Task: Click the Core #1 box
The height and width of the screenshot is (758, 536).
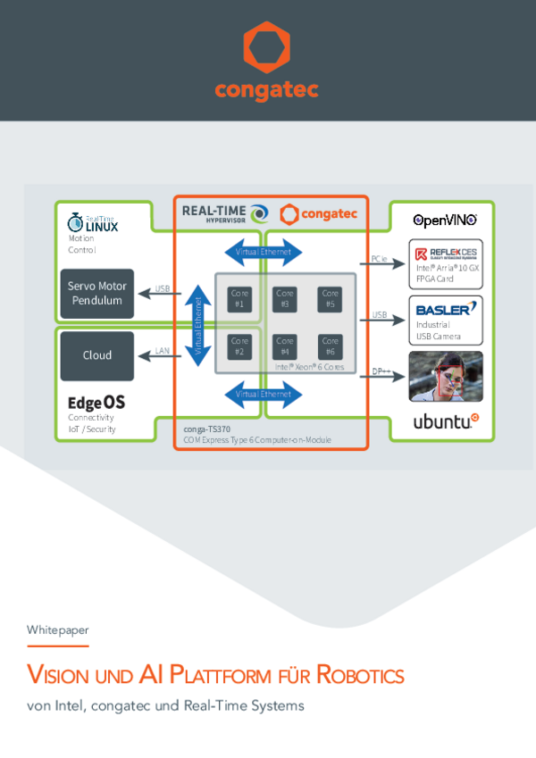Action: click(x=239, y=298)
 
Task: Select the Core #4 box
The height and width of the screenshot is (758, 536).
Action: click(x=285, y=346)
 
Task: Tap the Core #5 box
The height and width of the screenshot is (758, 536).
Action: click(x=331, y=298)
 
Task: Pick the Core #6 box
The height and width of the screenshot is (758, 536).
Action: click(x=331, y=346)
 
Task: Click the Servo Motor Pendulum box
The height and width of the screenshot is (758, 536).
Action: click(x=97, y=294)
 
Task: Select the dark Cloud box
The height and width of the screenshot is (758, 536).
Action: click(x=97, y=355)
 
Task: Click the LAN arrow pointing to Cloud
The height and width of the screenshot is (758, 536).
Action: click(x=161, y=356)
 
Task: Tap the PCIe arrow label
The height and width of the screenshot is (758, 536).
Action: click(x=380, y=260)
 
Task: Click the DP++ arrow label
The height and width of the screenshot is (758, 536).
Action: click(x=380, y=371)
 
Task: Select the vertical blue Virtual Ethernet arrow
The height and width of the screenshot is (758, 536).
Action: click(x=199, y=325)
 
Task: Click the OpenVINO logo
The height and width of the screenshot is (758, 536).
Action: click(x=444, y=220)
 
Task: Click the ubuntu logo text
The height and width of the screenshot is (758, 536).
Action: click(x=444, y=422)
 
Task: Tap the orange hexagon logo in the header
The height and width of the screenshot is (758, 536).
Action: click(x=267, y=49)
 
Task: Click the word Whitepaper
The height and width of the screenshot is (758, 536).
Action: click(x=58, y=629)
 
